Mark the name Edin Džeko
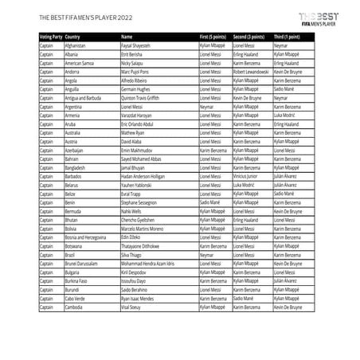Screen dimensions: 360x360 coord(131,237)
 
